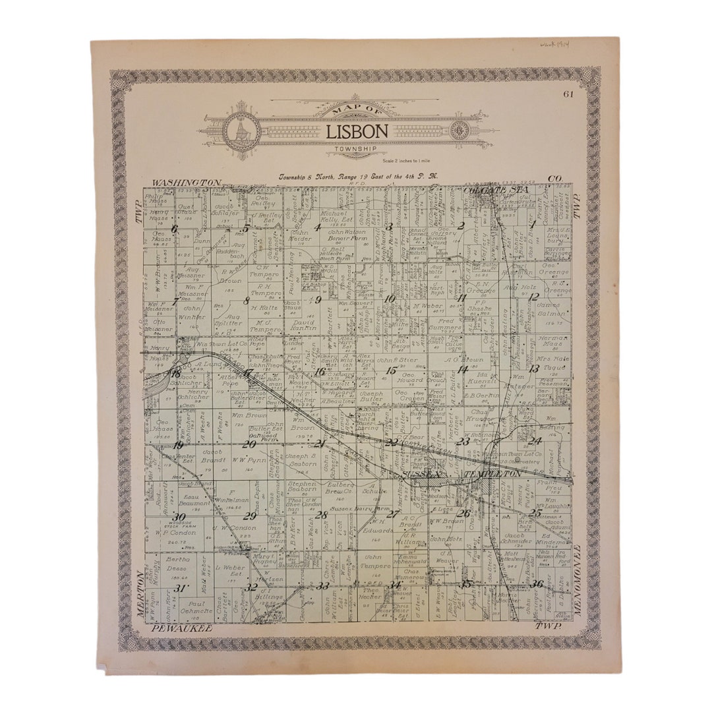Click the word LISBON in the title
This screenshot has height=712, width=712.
[x=357, y=131]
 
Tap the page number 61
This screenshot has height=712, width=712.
[x=568, y=94]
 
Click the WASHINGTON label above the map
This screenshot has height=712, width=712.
[x=186, y=182]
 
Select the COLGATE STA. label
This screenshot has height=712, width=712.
[x=488, y=190]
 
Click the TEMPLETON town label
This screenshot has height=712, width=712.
[x=491, y=473]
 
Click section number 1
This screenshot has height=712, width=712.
[x=531, y=224]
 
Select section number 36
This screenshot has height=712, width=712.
[x=537, y=583]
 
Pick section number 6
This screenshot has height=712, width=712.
[x=175, y=229]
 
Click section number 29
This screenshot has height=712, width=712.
[x=250, y=516]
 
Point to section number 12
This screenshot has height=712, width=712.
[x=533, y=297]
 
